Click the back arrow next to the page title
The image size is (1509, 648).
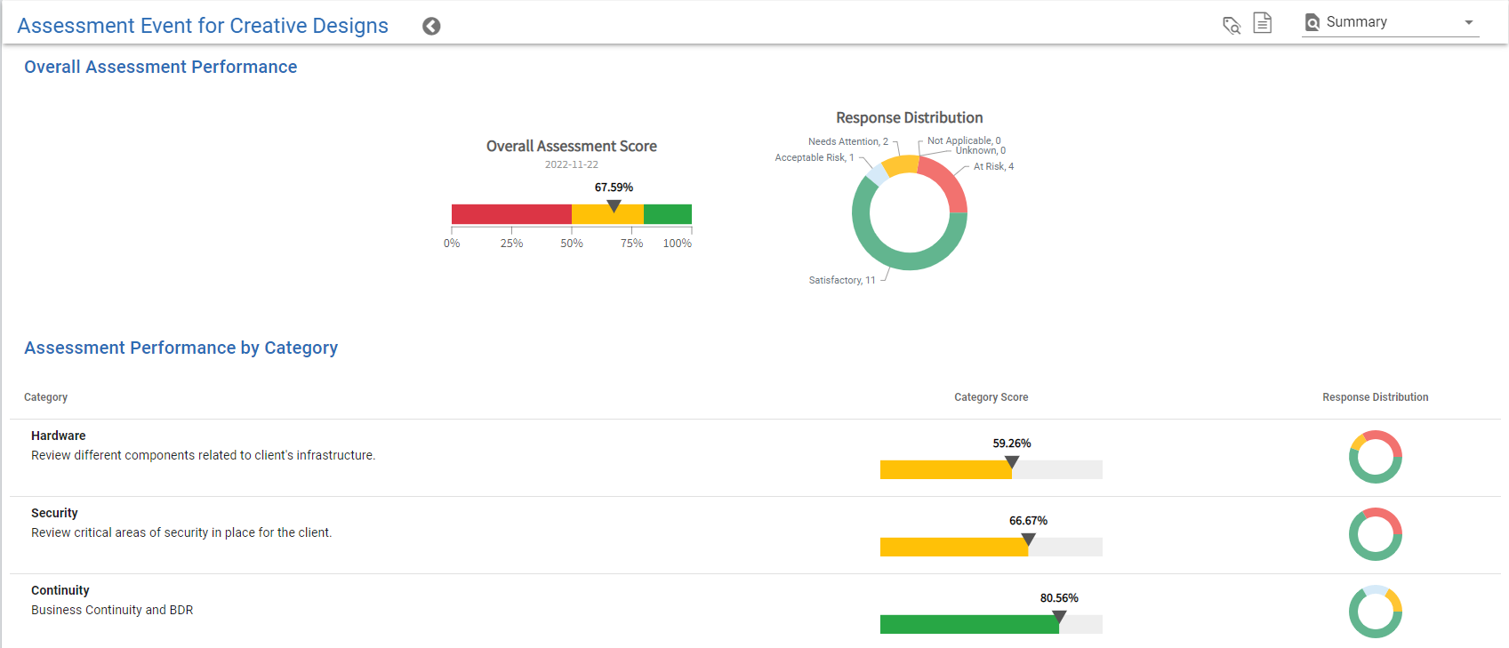tap(431, 27)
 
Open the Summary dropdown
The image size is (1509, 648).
tap(1390, 22)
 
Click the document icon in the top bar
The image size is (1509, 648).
tap(1262, 23)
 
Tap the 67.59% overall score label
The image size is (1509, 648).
tap(614, 188)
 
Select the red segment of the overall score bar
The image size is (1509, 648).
tap(510, 214)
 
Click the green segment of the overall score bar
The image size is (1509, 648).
tap(668, 214)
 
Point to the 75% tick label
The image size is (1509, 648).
tap(631, 244)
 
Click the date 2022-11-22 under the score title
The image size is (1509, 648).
tap(571, 164)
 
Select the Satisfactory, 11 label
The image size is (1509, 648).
tap(841, 280)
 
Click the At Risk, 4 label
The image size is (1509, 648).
tap(993, 166)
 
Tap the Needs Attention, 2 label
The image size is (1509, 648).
tap(847, 141)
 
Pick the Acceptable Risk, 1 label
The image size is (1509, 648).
tap(814, 157)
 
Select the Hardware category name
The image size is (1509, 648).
tap(59, 436)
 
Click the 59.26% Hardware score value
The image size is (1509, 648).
tap(1012, 444)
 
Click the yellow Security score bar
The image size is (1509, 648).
tap(953, 548)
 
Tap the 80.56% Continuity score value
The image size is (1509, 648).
tap(1059, 598)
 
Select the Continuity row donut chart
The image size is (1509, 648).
tap(1375, 612)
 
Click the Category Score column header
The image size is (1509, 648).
tap(991, 397)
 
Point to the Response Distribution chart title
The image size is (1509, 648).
tap(909, 117)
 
